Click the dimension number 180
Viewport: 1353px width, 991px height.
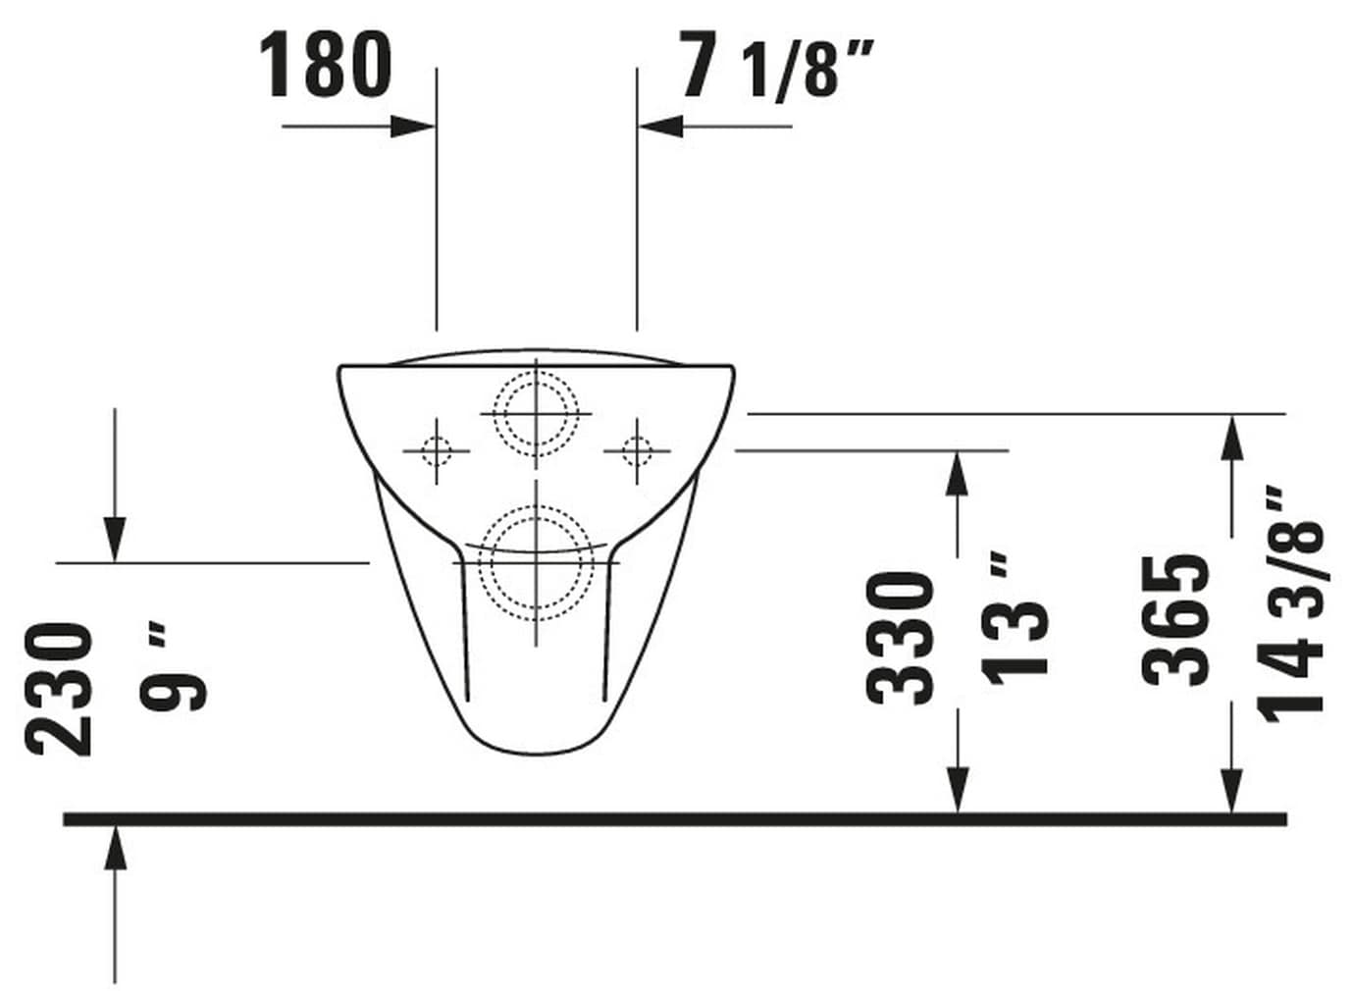(326, 65)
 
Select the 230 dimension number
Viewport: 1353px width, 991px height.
(59, 689)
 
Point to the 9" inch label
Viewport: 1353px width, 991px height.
(174, 671)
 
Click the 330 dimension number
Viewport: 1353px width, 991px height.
(900, 639)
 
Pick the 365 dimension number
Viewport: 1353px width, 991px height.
(1175, 620)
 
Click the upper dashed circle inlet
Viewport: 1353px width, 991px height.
(536, 414)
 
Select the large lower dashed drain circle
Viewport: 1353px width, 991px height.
(536, 563)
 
